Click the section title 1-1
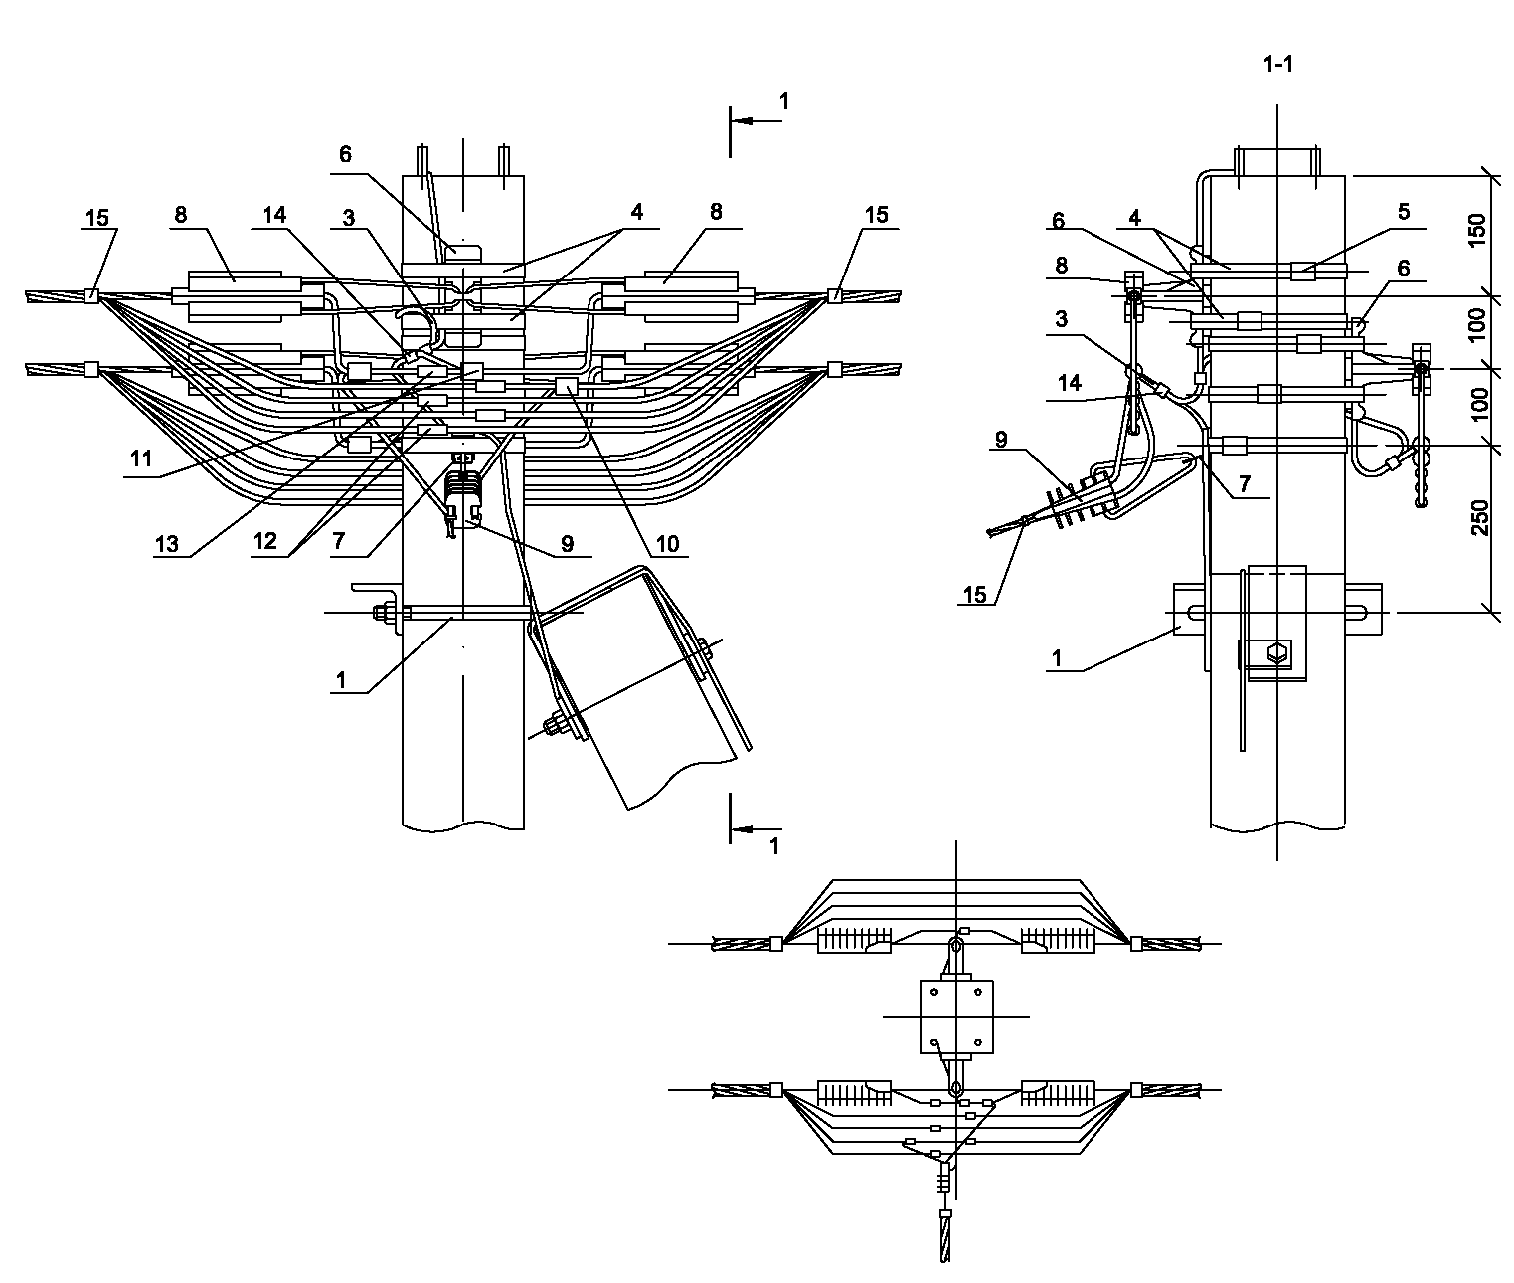(x=1278, y=65)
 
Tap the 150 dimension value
(x=1477, y=230)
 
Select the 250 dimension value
(x=1479, y=517)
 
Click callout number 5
(x=1403, y=212)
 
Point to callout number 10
(x=667, y=544)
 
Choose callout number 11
(x=140, y=458)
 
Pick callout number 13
(x=166, y=544)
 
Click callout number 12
(x=264, y=541)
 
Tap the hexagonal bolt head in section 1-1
(x=1277, y=651)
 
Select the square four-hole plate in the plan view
(x=956, y=1017)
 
